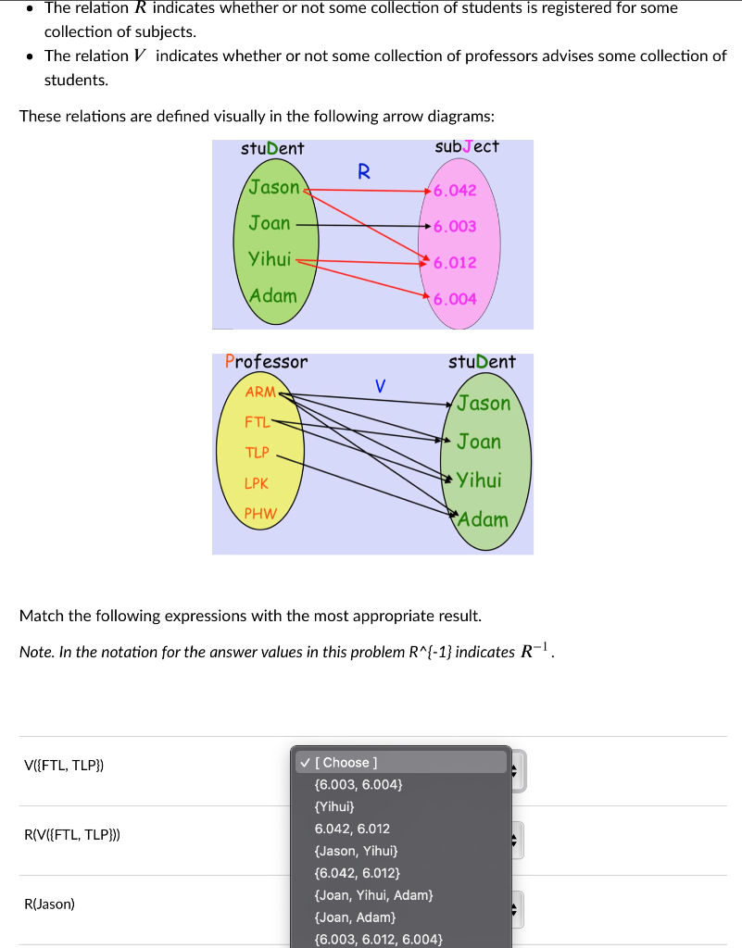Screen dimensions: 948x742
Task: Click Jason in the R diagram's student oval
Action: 274,187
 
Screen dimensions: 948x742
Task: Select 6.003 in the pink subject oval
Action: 455,226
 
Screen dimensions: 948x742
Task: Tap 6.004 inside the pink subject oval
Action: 455,299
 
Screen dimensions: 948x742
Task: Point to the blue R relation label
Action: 363,171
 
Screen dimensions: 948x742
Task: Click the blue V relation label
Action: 380,384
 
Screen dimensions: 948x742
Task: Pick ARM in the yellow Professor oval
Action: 260,392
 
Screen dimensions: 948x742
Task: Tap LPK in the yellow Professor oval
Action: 257,483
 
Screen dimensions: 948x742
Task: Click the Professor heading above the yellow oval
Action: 266,362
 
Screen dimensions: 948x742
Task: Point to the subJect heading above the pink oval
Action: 467,147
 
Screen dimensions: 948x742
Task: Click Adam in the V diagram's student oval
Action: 483,519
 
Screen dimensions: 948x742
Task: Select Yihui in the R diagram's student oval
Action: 270,259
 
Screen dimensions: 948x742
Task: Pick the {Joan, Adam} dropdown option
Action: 355,917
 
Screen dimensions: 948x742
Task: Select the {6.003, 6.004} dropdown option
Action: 358,784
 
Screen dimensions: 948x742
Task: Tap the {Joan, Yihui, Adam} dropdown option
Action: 374,895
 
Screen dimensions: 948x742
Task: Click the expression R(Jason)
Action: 50,904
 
